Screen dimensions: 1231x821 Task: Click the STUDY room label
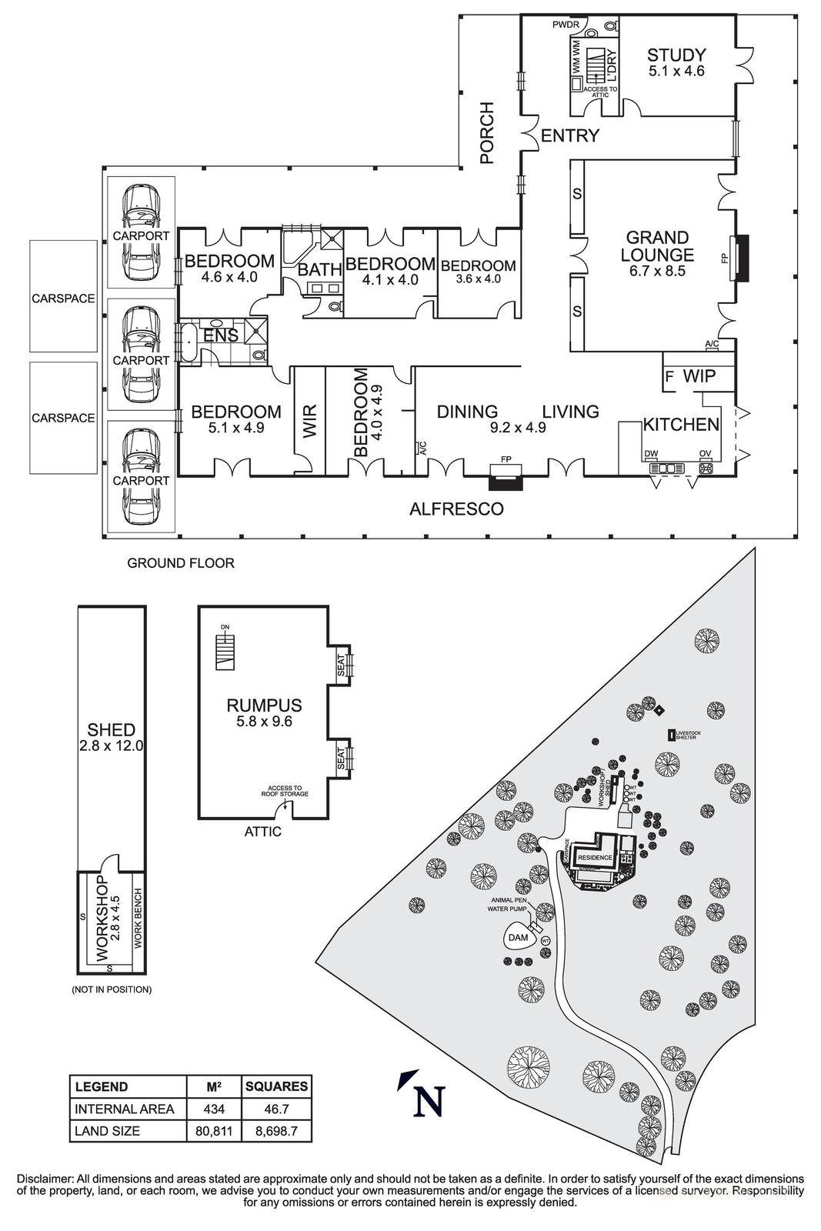(x=676, y=55)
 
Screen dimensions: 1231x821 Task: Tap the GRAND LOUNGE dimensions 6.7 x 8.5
(x=656, y=271)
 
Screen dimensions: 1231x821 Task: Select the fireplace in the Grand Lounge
(x=739, y=259)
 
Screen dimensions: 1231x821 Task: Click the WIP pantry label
(x=699, y=376)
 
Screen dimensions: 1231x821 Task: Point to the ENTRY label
(x=569, y=136)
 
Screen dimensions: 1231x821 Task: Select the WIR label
(x=309, y=422)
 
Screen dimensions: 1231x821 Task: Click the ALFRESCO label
(x=456, y=509)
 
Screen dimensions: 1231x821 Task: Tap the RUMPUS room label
(x=264, y=706)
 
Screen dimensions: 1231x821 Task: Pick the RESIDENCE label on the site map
(x=595, y=857)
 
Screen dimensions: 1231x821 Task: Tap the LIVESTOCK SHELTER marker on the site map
(x=672, y=735)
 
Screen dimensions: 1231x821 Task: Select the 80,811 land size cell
(x=215, y=1131)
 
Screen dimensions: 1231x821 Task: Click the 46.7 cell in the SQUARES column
(x=275, y=1109)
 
